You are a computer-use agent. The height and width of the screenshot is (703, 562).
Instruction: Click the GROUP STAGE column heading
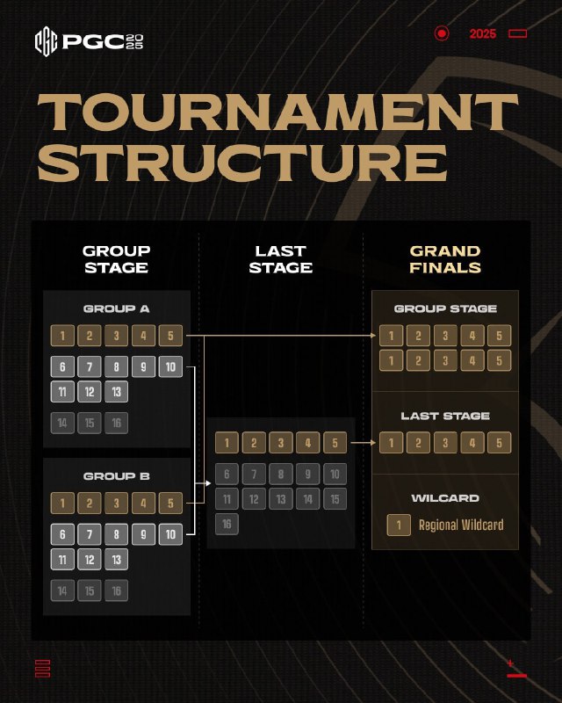click(116, 259)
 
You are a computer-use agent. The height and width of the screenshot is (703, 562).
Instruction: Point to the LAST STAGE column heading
click(280, 259)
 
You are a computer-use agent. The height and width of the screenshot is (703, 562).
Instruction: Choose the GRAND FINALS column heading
click(444, 259)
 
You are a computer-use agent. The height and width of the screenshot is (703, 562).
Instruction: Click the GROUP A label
click(116, 309)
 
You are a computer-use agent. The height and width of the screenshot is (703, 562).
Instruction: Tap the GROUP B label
click(116, 476)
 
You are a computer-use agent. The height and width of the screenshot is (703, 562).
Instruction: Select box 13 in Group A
click(117, 392)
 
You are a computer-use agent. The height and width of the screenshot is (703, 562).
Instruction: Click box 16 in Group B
click(117, 591)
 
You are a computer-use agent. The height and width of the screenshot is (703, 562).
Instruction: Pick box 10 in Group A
click(170, 367)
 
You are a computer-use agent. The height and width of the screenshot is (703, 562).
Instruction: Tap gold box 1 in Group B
click(62, 504)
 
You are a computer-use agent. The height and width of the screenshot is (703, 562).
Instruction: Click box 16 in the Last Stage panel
click(227, 525)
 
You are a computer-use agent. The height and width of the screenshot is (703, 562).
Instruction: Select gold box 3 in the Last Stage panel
click(280, 443)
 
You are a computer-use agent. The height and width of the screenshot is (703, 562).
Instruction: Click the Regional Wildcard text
click(461, 525)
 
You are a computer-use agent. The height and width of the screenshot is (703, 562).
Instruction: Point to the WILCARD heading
click(444, 498)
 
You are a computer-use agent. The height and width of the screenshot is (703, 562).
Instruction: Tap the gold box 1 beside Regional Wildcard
click(399, 525)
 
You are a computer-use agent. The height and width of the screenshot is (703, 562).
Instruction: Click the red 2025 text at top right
click(482, 33)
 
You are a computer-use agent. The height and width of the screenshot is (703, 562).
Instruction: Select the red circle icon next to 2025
click(442, 33)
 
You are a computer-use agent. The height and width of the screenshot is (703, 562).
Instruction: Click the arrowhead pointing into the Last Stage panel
click(208, 483)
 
